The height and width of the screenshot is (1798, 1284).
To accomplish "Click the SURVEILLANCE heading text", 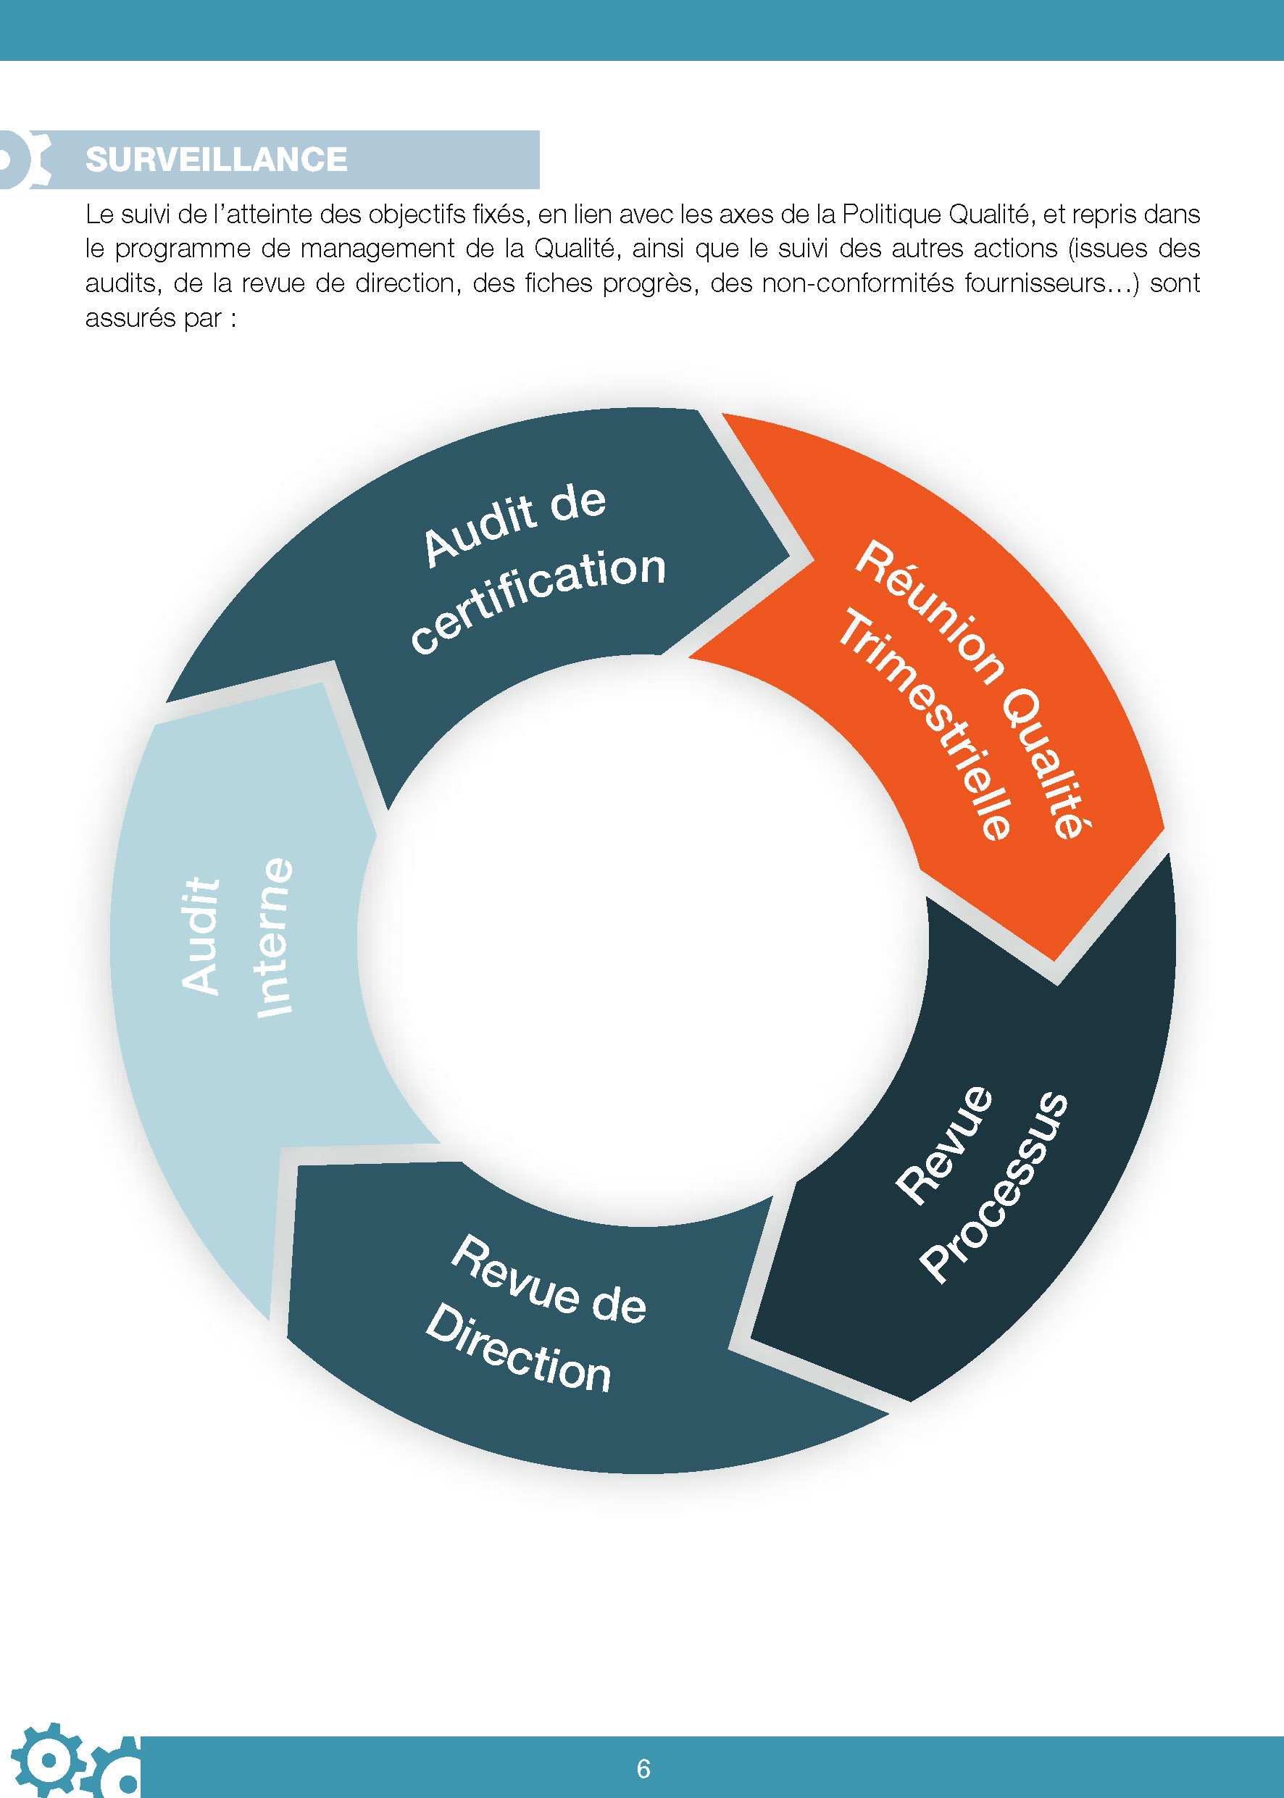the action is click(216, 159).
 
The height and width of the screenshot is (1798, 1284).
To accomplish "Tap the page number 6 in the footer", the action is click(643, 1769).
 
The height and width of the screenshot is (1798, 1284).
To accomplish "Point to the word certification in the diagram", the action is click(538, 600).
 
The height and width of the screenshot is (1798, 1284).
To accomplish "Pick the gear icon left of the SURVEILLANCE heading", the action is click(24, 159).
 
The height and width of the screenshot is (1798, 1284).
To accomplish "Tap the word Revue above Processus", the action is click(944, 1146).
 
